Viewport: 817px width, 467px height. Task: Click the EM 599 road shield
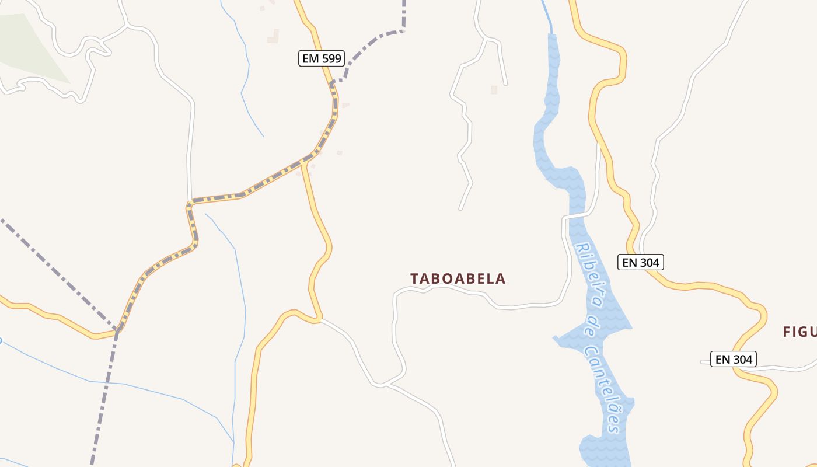tap(322, 58)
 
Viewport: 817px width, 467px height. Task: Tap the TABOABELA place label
tap(458, 278)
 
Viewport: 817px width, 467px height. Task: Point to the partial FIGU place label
tap(799, 332)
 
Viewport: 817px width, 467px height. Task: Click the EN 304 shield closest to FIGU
tap(734, 359)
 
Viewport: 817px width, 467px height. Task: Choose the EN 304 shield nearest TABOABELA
tap(641, 263)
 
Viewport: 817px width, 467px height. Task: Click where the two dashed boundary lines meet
tap(117, 330)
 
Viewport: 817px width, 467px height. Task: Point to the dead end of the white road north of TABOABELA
tap(460, 208)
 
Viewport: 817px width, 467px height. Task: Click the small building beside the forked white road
tap(494, 90)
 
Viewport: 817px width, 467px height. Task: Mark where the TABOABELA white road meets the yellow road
tap(320, 319)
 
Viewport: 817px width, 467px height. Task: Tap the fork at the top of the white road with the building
tap(486, 40)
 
